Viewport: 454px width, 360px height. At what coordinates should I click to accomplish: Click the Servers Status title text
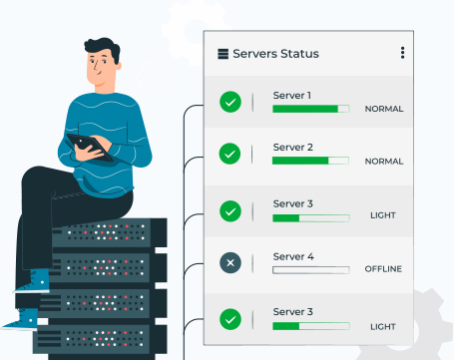coord(275,54)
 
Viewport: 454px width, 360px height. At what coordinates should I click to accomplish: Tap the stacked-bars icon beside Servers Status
coord(223,54)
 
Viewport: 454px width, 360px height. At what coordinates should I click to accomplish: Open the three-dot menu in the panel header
coord(403,53)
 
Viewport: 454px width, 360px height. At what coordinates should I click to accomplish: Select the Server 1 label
coord(292,96)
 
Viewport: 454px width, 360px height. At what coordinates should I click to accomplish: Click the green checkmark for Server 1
coord(230,101)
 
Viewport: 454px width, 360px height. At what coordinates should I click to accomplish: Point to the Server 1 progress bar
coord(310,109)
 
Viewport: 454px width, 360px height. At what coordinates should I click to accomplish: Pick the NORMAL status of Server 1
coord(383,109)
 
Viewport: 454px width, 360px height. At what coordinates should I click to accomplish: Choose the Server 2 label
coord(292,148)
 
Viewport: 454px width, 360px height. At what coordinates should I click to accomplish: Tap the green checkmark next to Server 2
coord(230,154)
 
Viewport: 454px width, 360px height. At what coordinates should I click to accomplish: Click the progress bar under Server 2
coord(310,161)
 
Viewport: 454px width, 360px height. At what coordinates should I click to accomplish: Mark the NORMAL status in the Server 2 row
coord(383,161)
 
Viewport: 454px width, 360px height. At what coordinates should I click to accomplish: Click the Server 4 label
coord(293,256)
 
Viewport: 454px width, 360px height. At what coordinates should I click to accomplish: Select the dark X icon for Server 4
coord(230,263)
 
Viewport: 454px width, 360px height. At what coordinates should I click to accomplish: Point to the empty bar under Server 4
coord(310,269)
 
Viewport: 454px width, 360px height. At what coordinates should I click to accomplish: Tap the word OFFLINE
coord(383,269)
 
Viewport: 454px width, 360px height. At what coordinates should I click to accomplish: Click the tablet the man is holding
coord(90,146)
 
